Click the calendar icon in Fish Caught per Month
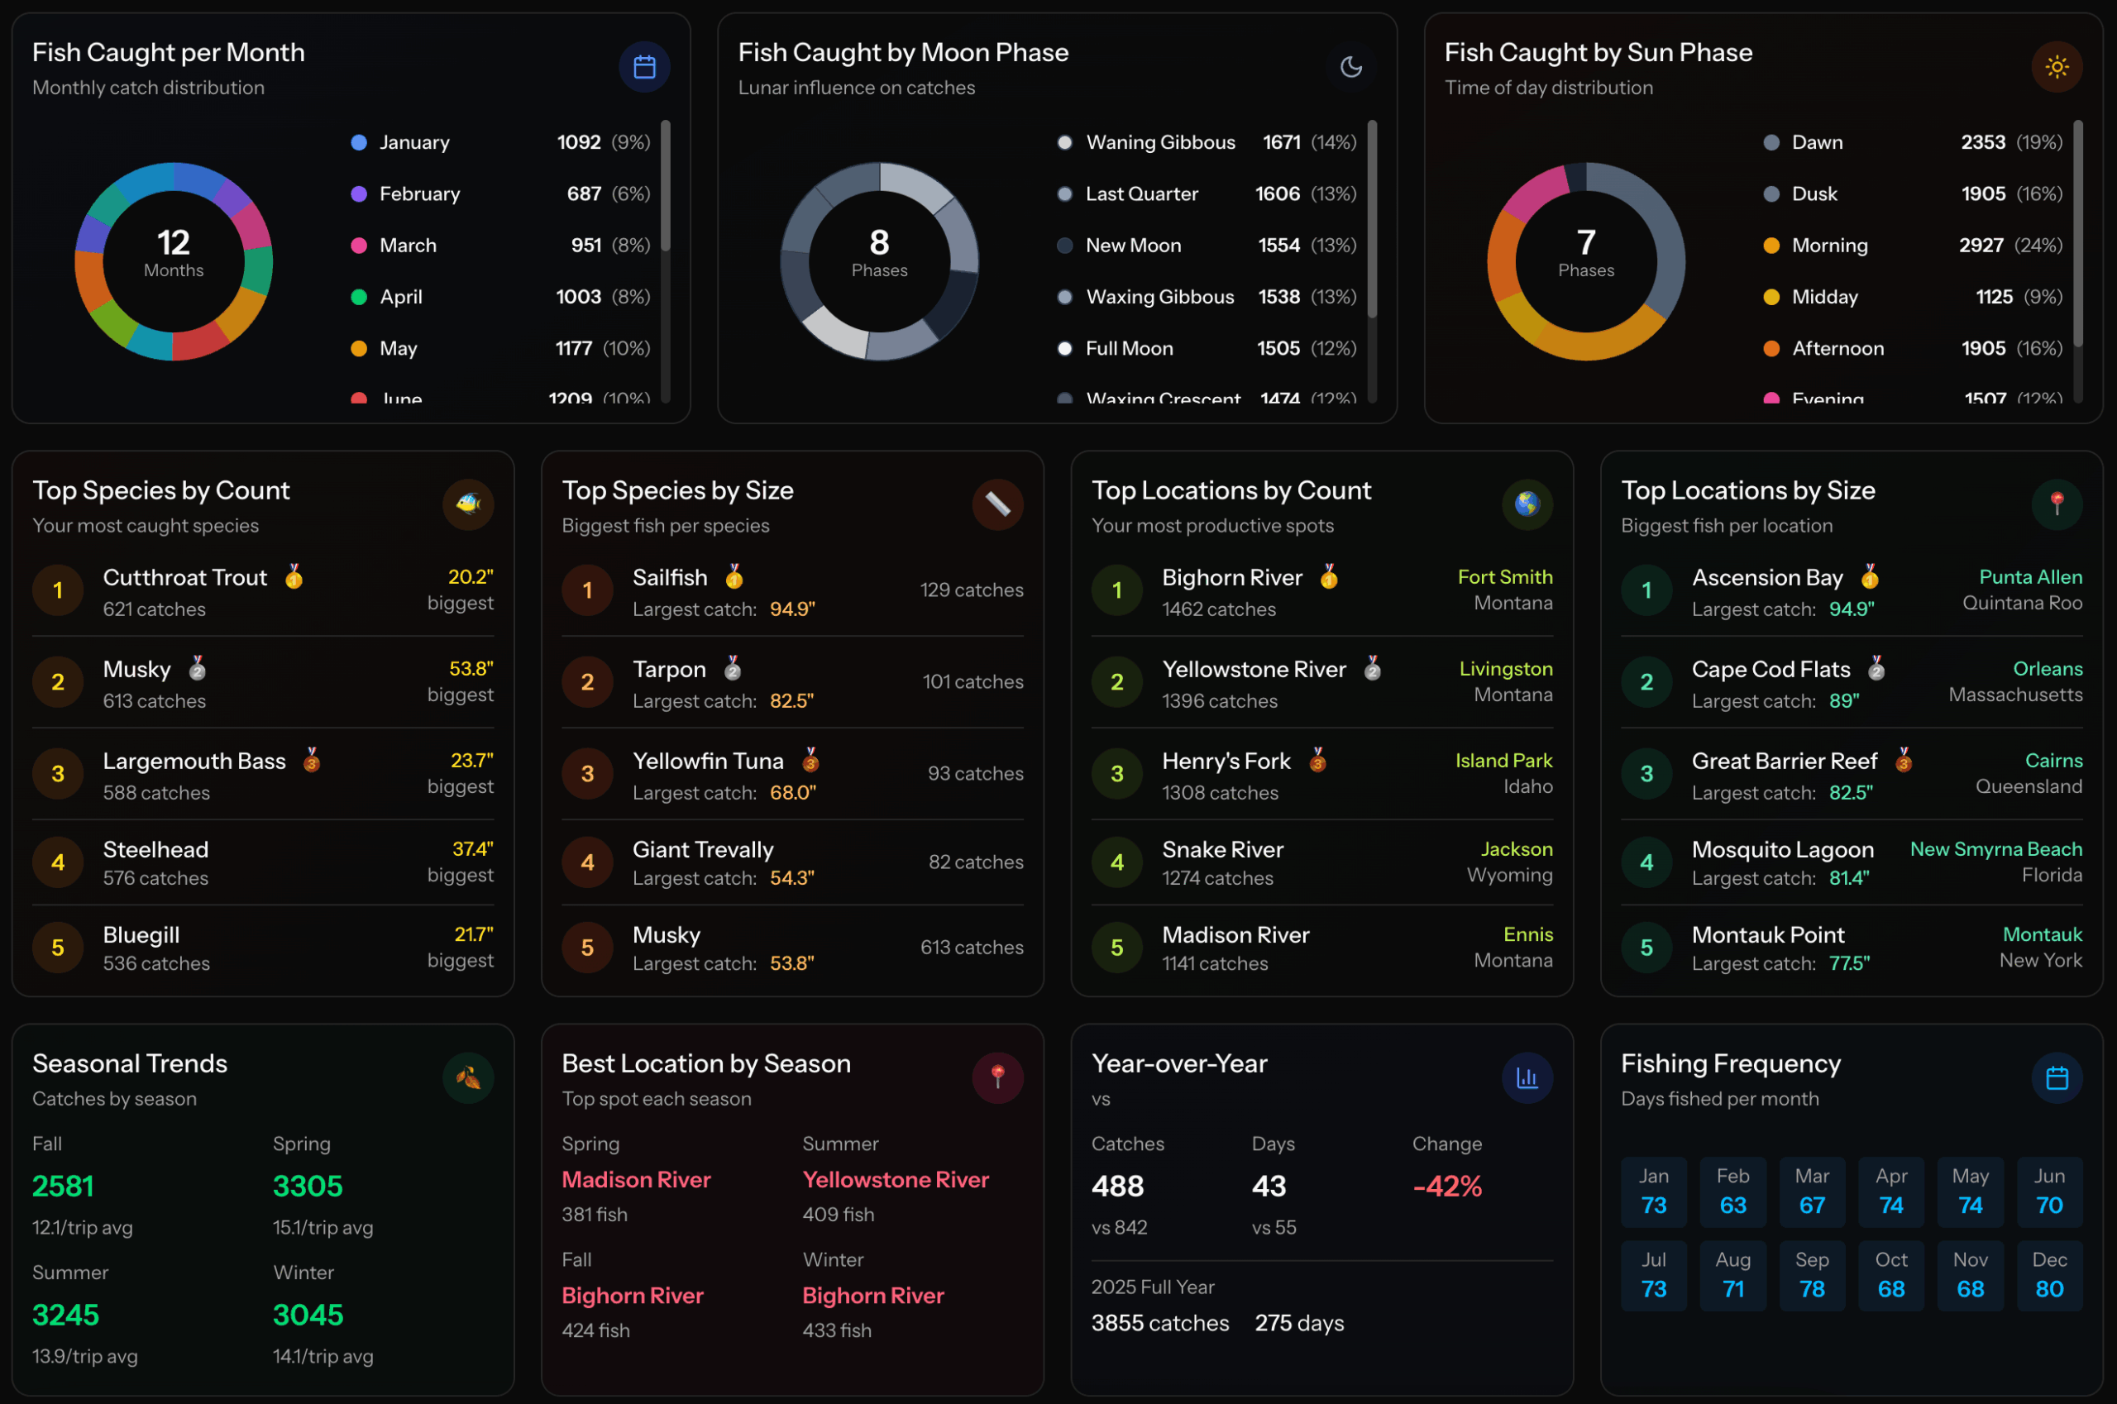tap(644, 67)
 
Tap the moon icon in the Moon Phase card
tap(1350, 67)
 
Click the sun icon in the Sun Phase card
tap(2056, 67)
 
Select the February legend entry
tap(419, 194)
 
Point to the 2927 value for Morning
tap(1980, 246)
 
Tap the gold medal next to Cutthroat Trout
tap(294, 576)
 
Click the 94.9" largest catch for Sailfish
tap(791, 609)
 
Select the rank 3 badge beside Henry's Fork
tap(1116, 774)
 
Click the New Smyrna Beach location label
tap(1995, 849)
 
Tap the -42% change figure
tap(1446, 1187)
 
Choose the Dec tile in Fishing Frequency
tap(2049, 1275)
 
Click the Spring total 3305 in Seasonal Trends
tap(307, 1187)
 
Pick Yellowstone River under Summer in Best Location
tap(895, 1179)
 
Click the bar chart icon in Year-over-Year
tap(1526, 1077)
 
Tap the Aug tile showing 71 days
tap(1732, 1275)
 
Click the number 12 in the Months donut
tap(173, 242)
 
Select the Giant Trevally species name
tap(702, 849)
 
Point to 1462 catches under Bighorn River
tap(1218, 609)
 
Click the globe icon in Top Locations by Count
tap(1526, 504)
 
